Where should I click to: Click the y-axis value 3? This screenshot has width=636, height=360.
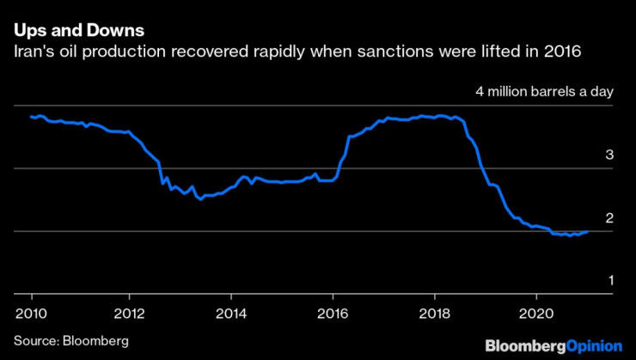click(609, 156)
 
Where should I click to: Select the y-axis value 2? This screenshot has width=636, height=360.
click(609, 218)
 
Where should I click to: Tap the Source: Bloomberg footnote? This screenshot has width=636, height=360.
click(70, 341)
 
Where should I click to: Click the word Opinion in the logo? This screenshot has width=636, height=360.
click(594, 345)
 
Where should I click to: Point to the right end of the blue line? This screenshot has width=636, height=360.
click(588, 231)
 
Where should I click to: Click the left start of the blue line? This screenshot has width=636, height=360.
click(31, 116)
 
